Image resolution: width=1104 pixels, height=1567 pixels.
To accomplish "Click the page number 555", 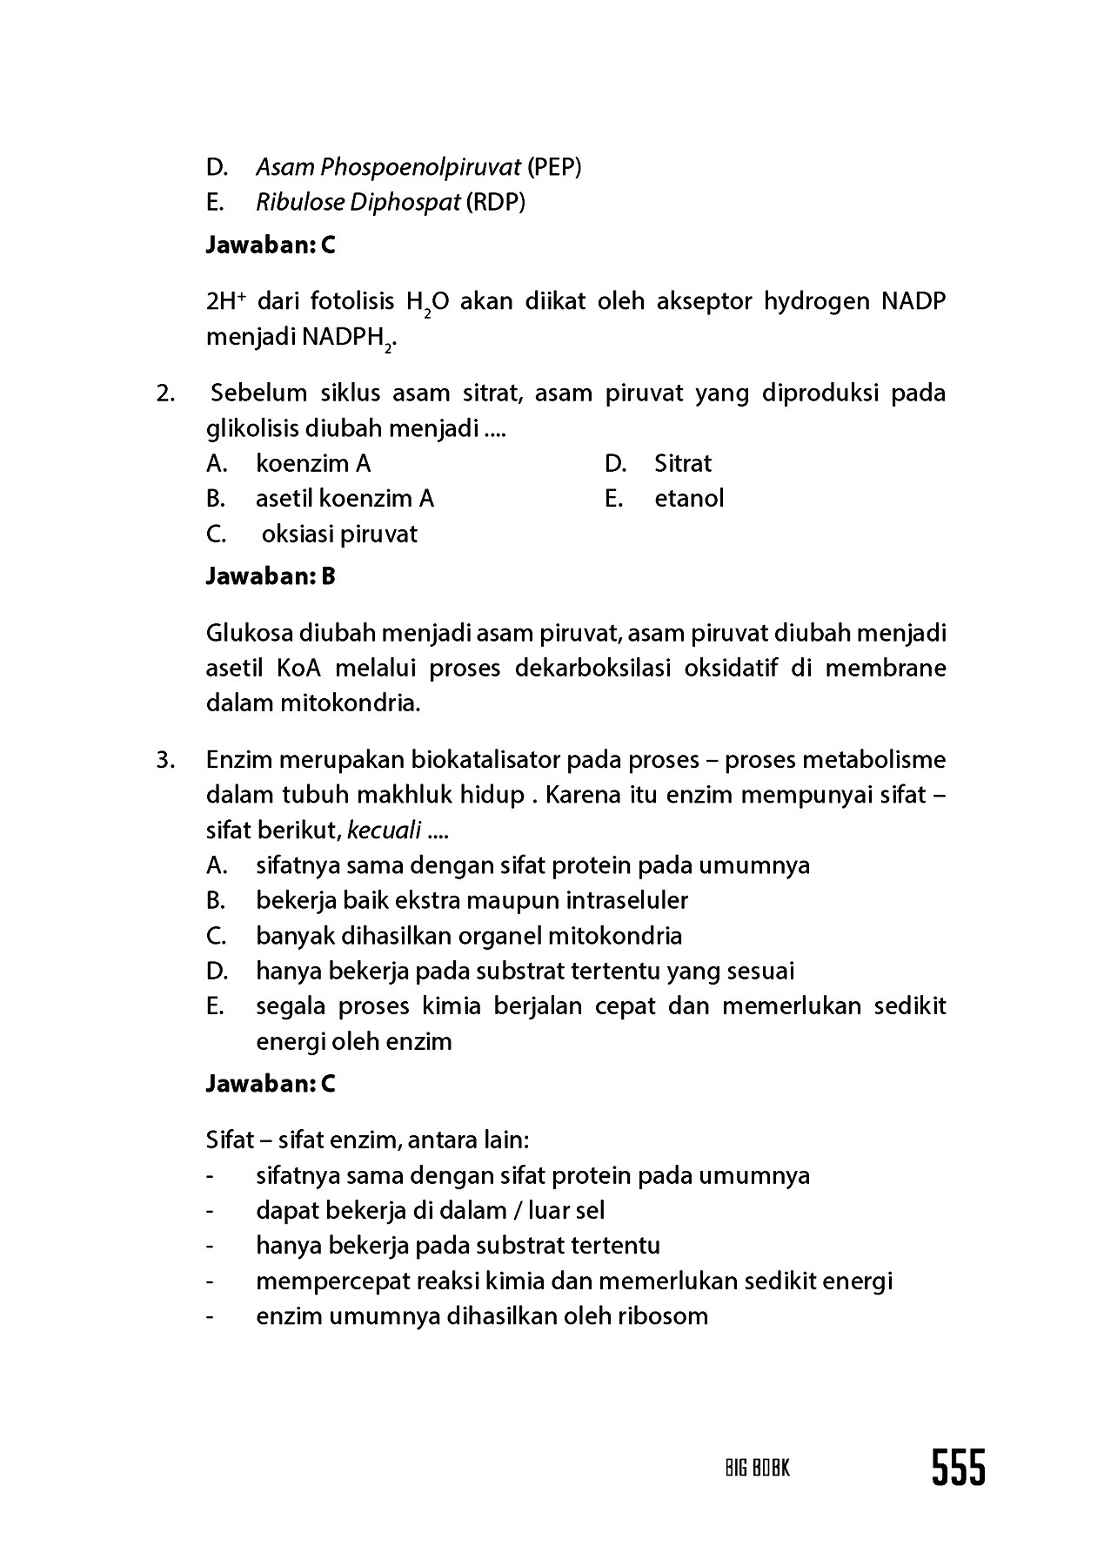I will click(959, 1468).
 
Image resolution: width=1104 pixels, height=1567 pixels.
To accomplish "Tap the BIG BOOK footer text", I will click(757, 1469).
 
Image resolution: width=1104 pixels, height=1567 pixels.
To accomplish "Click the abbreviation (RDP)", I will click(496, 202).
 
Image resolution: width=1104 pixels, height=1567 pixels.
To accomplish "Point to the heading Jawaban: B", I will click(271, 576).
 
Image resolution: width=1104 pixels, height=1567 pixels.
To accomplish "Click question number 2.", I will click(165, 393).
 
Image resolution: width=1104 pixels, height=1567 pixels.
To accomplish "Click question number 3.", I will click(165, 760).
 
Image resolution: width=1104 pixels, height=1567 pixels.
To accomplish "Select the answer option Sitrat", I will click(683, 463).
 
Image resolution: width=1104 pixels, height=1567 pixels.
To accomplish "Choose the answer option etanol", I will click(689, 499).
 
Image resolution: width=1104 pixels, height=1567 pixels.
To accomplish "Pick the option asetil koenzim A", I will click(345, 499).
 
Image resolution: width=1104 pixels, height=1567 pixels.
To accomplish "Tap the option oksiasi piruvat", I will click(339, 534).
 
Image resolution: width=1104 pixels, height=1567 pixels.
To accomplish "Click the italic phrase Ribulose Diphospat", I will click(358, 202).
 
